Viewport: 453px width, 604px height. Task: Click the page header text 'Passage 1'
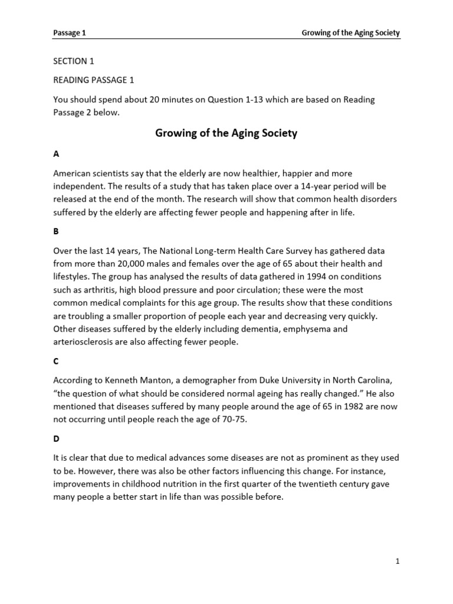point(70,33)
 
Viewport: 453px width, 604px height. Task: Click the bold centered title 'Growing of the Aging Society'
point(226,133)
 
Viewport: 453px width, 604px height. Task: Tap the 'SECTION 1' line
point(74,61)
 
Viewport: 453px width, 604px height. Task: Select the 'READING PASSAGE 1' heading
point(94,80)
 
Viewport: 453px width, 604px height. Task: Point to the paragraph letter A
point(56,154)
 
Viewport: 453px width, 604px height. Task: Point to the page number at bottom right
point(398,562)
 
